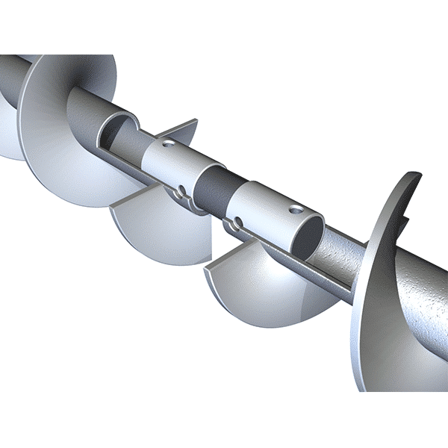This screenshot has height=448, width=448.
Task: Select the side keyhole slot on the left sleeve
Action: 180,195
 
